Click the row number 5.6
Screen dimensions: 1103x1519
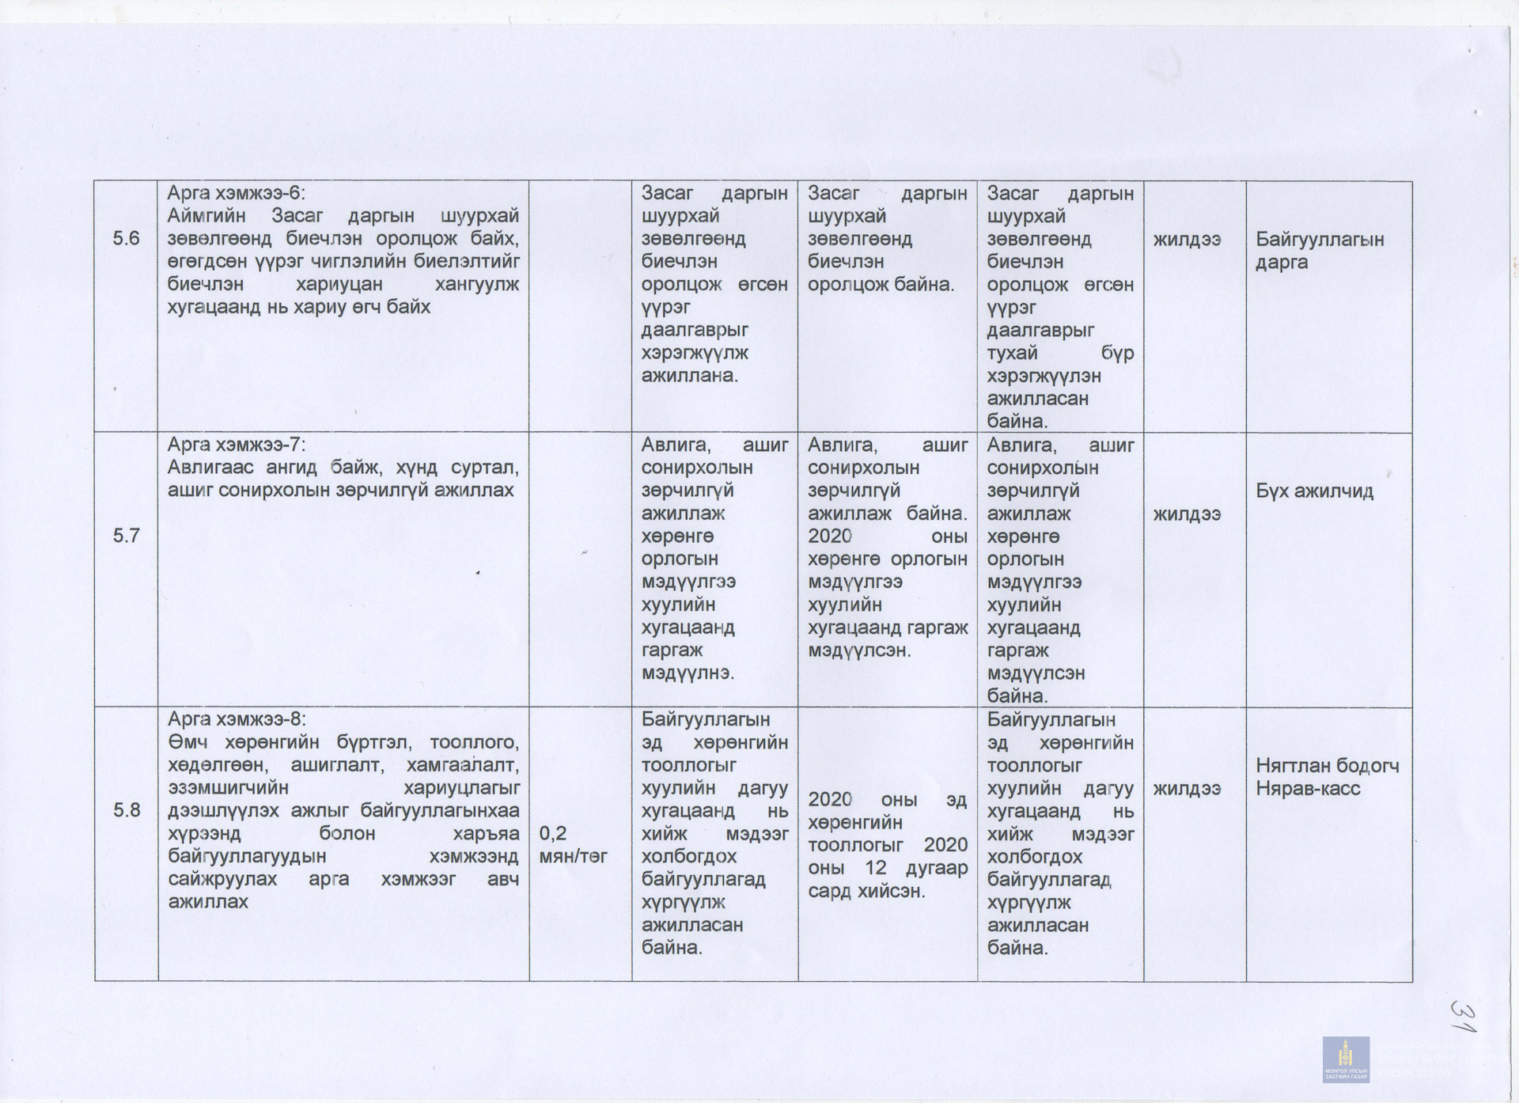(x=126, y=238)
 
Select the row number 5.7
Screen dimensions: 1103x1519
(x=126, y=536)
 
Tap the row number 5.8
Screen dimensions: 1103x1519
(x=126, y=810)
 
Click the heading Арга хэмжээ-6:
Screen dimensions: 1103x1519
(x=236, y=193)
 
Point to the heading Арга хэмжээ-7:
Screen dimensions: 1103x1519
(x=236, y=445)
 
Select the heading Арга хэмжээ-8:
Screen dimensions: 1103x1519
(x=236, y=719)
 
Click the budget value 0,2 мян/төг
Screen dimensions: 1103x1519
(x=573, y=845)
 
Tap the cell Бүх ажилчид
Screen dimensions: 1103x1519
(x=1314, y=491)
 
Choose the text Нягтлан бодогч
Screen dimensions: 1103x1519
(x=1327, y=766)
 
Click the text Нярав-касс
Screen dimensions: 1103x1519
(x=1307, y=789)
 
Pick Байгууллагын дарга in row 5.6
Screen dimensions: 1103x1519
(x=1319, y=250)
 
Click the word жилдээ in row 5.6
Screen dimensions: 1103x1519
(x=1186, y=239)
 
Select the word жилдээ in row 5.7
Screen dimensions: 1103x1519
(x=1186, y=514)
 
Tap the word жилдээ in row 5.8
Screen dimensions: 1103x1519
(x=1186, y=789)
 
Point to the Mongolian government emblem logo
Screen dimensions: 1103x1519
(x=1345, y=1059)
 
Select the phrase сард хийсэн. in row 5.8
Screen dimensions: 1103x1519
(x=866, y=891)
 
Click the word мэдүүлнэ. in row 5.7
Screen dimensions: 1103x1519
(x=688, y=673)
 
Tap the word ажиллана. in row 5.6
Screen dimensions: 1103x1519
(x=689, y=375)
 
